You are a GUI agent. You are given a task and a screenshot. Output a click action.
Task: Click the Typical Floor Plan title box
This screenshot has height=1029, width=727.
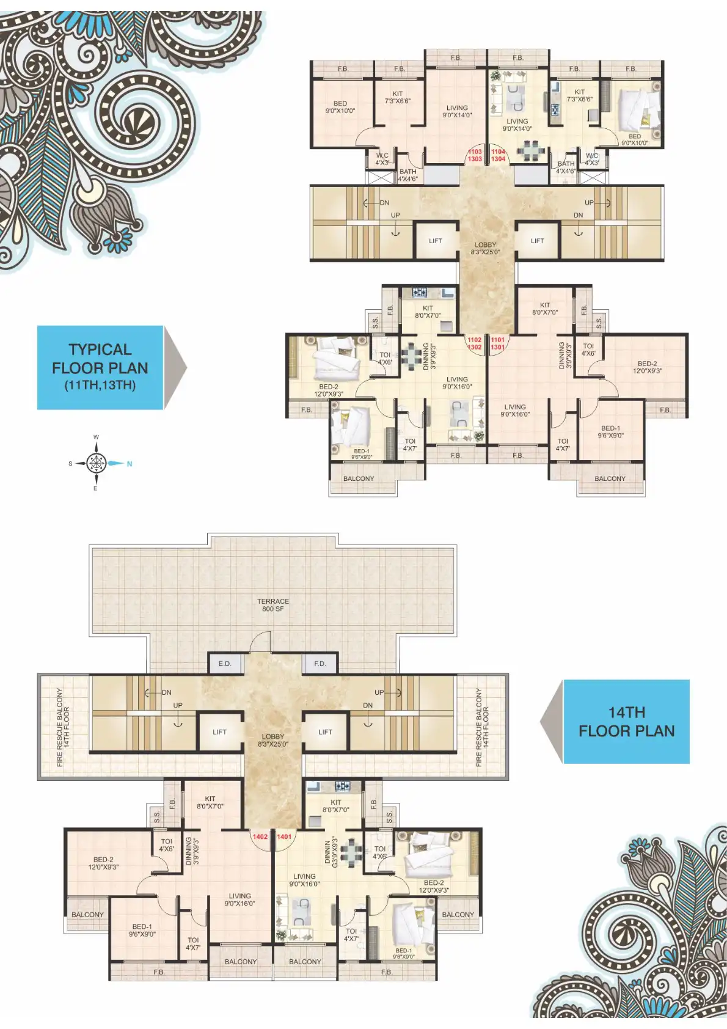[100, 367]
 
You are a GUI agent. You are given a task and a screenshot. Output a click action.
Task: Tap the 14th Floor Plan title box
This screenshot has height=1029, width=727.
[626, 721]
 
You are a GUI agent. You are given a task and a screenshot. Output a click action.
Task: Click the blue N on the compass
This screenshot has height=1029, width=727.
[130, 464]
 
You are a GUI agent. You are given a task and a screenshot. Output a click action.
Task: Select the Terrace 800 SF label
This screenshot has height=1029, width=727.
[273, 605]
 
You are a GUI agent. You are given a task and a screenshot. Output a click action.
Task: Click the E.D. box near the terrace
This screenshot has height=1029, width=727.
[225, 664]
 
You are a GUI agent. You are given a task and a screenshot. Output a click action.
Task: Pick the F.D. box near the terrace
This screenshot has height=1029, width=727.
[320, 664]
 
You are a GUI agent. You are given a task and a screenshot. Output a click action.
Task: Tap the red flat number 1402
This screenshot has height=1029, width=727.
[260, 837]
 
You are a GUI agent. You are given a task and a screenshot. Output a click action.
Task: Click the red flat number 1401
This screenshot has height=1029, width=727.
[284, 837]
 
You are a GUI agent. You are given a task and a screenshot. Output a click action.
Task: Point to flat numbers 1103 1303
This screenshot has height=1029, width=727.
[475, 155]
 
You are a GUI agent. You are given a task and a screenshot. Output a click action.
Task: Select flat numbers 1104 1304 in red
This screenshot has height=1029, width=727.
[498, 155]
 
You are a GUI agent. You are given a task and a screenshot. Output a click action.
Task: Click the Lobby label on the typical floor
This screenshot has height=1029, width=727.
[485, 248]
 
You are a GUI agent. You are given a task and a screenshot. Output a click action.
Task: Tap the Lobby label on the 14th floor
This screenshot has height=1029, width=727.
[273, 740]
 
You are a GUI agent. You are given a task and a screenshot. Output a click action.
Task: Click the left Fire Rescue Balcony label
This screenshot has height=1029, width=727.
[63, 727]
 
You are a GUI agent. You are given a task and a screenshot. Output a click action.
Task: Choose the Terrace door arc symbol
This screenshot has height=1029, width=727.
[261, 642]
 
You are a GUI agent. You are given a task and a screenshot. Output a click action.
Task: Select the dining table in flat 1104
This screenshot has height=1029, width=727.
[531, 150]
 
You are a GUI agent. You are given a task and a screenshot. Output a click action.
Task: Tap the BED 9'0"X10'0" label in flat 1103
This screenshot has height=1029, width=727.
[340, 107]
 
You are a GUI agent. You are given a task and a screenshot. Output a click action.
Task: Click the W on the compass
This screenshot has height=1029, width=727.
[96, 438]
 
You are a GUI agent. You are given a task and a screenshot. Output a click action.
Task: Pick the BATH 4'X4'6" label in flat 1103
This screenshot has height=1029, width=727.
[407, 175]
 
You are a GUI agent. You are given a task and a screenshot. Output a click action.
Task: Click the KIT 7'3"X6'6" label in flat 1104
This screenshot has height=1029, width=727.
[579, 95]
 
